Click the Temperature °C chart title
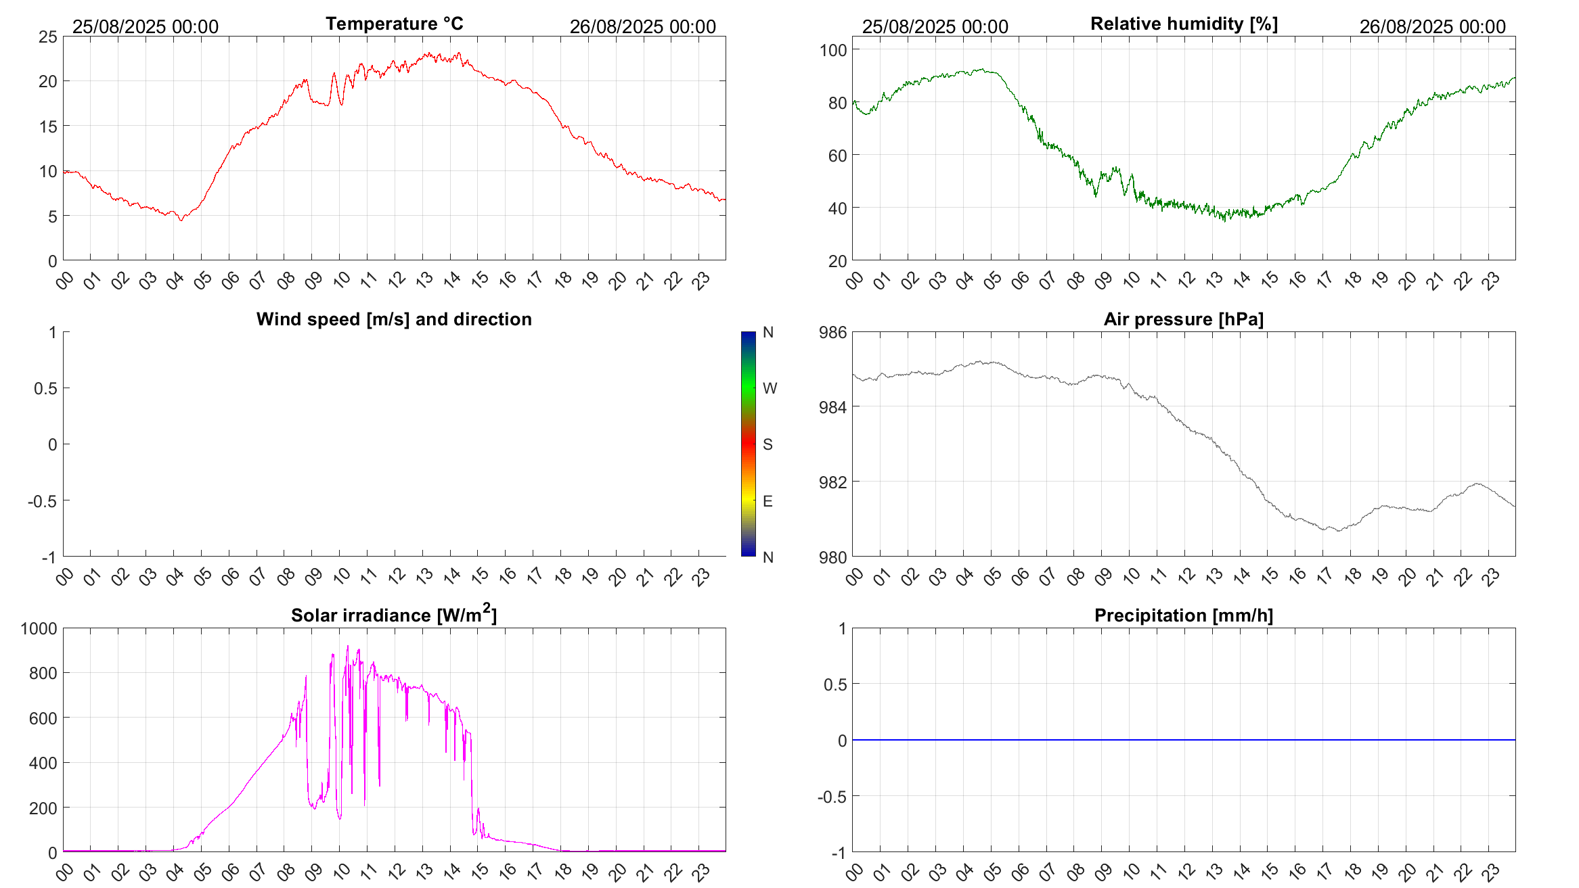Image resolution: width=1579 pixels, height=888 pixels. [x=394, y=24]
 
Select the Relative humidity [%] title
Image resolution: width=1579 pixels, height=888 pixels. [x=1184, y=24]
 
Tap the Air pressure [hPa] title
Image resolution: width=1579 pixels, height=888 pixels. [x=1184, y=319]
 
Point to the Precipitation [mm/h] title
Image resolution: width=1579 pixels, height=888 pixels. [x=1184, y=615]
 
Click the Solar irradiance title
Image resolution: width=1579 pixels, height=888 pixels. [x=394, y=615]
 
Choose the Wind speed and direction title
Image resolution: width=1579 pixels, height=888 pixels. [x=394, y=319]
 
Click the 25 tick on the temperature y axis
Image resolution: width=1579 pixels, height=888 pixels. [x=48, y=37]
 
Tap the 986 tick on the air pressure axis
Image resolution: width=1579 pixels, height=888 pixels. [x=832, y=332]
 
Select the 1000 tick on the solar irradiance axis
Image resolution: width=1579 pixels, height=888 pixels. [x=39, y=628]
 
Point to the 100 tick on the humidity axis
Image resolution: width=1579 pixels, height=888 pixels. [x=833, y=50]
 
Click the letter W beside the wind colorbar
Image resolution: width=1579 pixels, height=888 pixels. [x=770, y=388]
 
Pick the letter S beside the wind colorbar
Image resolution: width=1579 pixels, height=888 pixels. [x=768, y=444]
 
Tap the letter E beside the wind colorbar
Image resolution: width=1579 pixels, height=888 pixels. [x=768, y=501]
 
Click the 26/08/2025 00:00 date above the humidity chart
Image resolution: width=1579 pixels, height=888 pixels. [x=1432, y=26]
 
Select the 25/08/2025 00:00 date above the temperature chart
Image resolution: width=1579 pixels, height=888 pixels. [x=146, y=26]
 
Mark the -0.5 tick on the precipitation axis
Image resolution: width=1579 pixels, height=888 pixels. [x=832, y=797]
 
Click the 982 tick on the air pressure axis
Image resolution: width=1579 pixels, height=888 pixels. [x=832, y=482]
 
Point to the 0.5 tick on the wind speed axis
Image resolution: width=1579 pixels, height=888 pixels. [x=45, y=388]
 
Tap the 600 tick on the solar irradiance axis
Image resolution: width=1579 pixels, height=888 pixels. [x=43, y=718]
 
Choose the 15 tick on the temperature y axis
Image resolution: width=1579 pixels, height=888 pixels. [x=48, y=126]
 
